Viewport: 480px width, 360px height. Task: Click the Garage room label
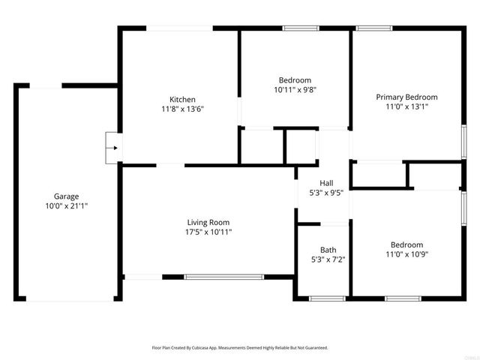coord(66,196)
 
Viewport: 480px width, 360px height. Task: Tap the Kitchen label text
coord(182,100)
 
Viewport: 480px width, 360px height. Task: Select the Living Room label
coord(208,222)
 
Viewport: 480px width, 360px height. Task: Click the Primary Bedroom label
coord(406,97)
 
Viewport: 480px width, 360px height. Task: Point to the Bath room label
coord(328,250)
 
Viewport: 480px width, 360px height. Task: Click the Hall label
coord(326,183)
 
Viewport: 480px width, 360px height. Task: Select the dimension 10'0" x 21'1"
coord(66,206)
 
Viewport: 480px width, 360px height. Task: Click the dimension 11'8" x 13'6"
coord(182,109)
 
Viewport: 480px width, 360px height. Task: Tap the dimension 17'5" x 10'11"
coord(208,232)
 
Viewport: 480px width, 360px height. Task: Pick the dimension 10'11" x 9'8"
coord(295,90)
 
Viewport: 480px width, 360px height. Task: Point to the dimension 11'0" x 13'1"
coord(406,107)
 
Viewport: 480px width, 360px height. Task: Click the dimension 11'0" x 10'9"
coord(406,254)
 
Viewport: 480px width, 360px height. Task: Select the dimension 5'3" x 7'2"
coord(328,260)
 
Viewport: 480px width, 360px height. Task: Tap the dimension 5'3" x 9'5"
coord(326,193)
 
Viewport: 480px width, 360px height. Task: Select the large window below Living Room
coord(224,277)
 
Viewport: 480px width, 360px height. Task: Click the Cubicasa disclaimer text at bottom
coord(240,348)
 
